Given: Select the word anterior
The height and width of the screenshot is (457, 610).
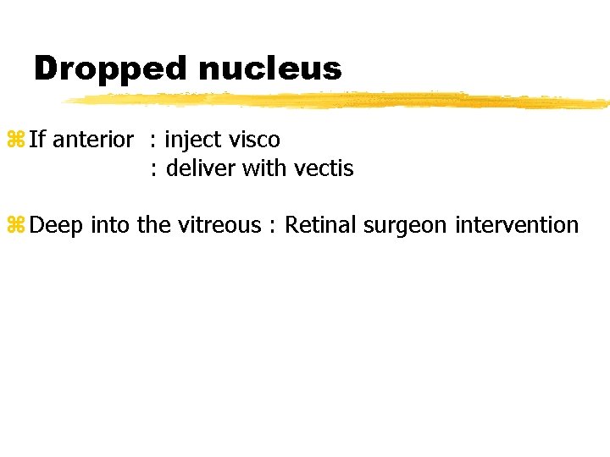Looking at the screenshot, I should coord(93,139).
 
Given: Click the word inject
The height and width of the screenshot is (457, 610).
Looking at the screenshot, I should coord(188,139).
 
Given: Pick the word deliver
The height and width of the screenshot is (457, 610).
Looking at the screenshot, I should coord(201,168).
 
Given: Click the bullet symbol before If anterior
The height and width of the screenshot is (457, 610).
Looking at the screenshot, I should coord(16,140).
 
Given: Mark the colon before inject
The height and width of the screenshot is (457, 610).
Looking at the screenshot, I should coord(153,140).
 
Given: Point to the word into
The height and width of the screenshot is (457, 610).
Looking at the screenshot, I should coord(109,225).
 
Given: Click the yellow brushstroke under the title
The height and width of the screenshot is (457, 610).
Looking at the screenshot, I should coord(339,100).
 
